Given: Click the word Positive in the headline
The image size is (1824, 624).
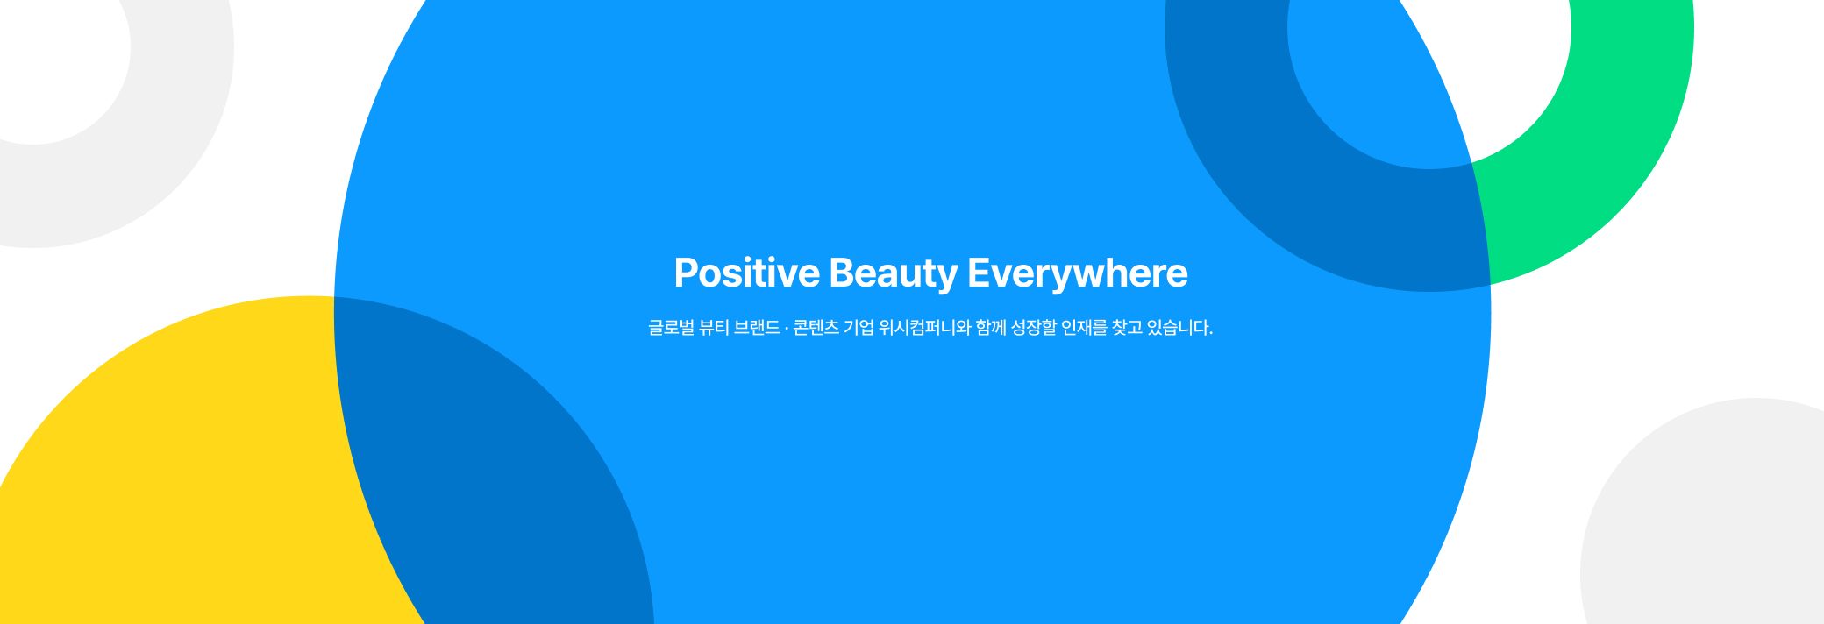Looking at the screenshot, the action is coord(747,273).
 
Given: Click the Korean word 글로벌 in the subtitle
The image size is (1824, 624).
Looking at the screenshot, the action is coord(671,328).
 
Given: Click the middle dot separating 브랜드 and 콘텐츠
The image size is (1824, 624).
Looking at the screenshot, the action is coord(787,329).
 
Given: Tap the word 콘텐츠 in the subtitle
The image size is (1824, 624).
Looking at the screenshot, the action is coord(816,328).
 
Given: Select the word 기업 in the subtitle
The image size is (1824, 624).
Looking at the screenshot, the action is coord(859,328).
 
